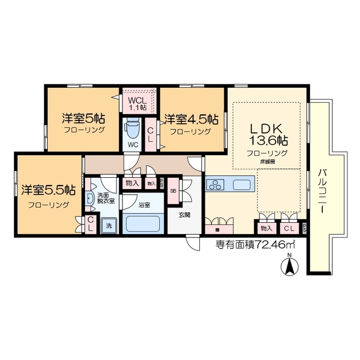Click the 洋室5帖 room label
pos(83,119)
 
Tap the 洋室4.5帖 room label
pos(191,119)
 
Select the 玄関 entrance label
pos(185,214)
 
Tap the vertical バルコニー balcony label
pos(323,191)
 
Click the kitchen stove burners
pos(215,184)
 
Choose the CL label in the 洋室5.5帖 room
pos(90,223)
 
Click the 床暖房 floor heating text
pos(267,161)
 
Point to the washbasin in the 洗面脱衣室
pos(89,190)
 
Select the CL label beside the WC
pos(151,134)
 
